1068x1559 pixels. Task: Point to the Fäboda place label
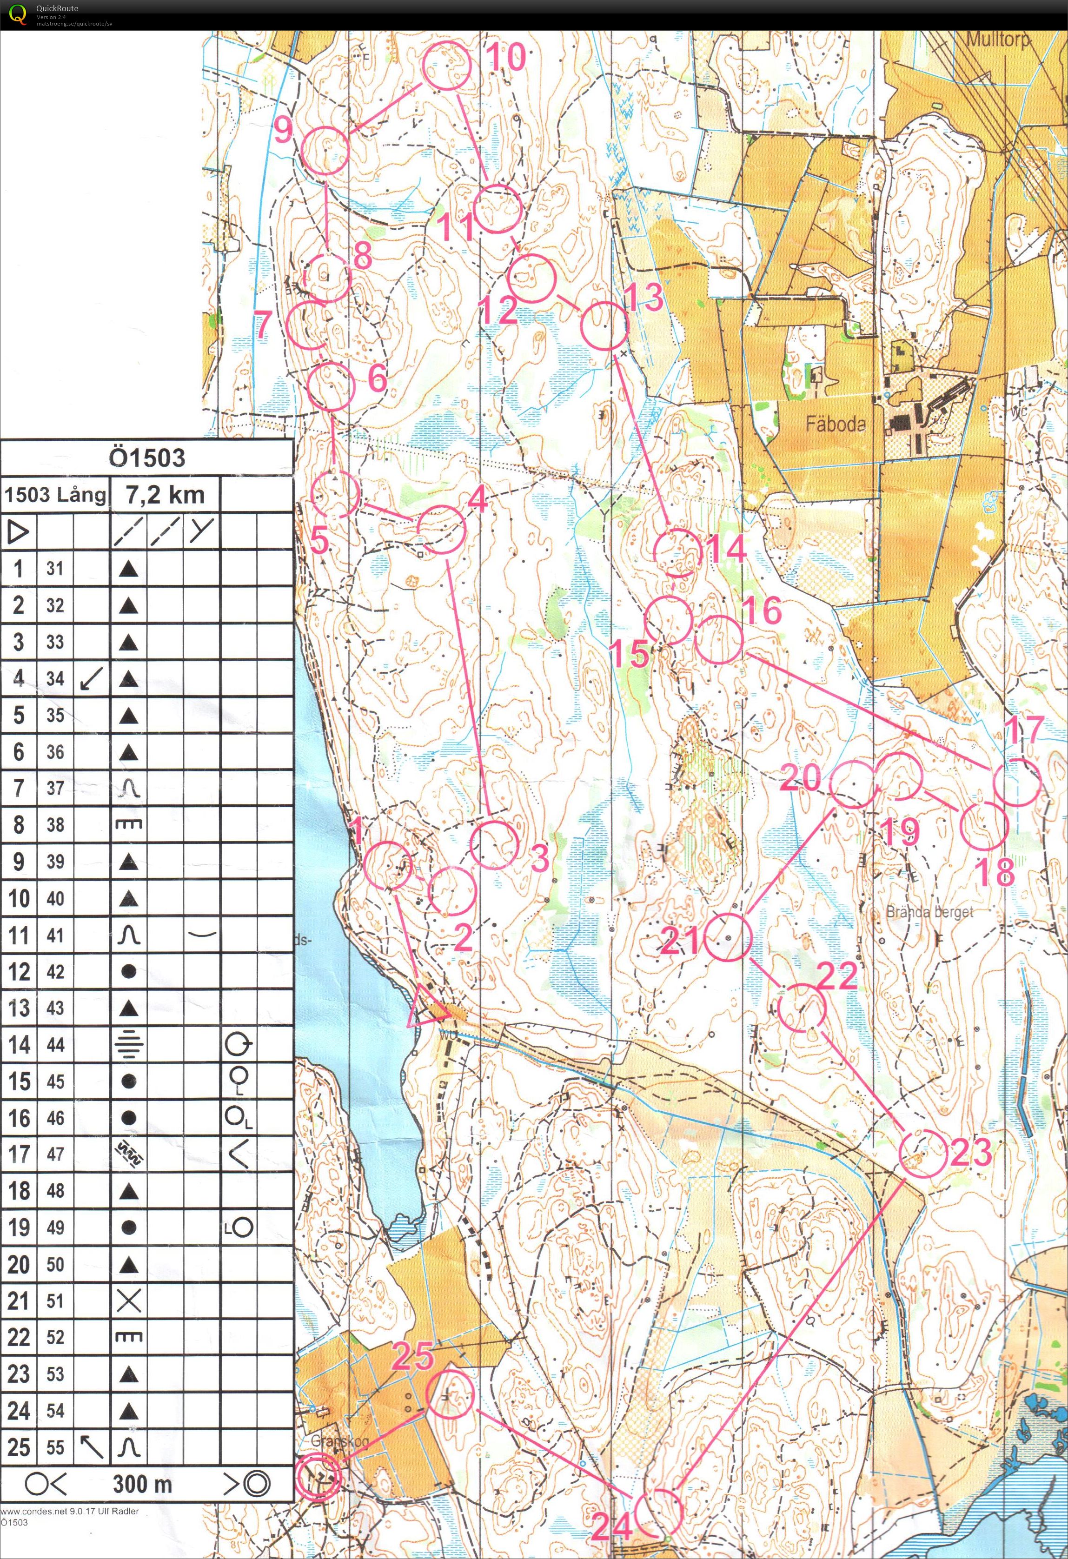click(x=835, y=423)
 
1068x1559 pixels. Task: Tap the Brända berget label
click(x=929, y=912)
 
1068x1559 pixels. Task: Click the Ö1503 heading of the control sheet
click(x=146, y=458)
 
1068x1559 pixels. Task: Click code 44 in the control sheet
click(x=55, y=1044)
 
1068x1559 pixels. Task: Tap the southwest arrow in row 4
click(x=91, y=678)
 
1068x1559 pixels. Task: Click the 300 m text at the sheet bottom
click(x=142, y=1483)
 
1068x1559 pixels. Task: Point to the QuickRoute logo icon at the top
click(x=18, y=14)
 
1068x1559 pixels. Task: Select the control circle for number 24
click(x=658, y=1512)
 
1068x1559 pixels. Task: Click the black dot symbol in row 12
click(x=128, y=971)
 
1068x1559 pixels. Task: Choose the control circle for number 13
click(x=604, y=325)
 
